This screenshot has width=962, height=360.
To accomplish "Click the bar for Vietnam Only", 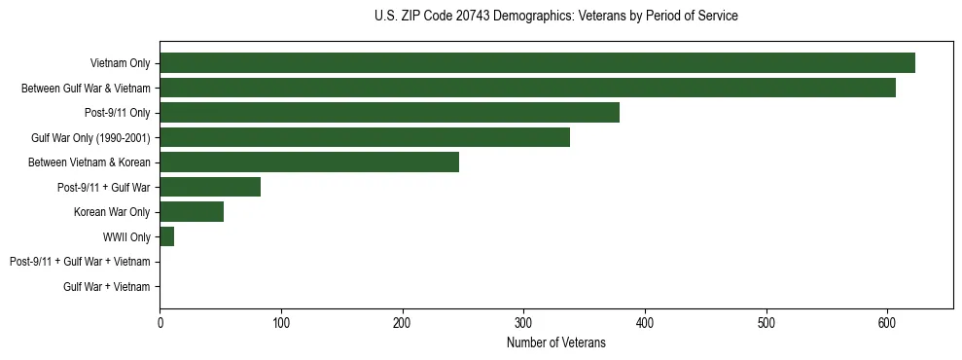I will pos(537,63).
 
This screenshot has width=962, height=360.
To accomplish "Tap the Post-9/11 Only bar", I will pos(389,113).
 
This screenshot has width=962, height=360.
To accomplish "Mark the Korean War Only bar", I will pos(192,211).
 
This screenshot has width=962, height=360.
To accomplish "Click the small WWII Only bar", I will pos(167,236).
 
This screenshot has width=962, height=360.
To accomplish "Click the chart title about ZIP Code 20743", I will pos(555,17).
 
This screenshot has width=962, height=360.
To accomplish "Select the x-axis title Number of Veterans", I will pos(555,342).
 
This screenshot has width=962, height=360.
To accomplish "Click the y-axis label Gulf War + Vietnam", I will pos(107,286).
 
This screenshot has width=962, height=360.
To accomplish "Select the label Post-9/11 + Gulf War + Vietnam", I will pos(80,262).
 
